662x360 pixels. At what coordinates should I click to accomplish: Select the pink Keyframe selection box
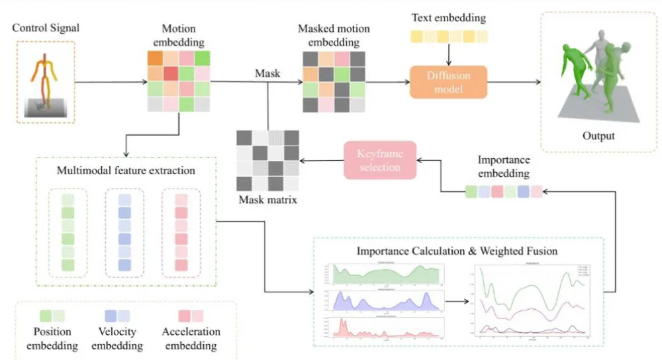379,160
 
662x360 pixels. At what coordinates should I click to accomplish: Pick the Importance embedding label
503,167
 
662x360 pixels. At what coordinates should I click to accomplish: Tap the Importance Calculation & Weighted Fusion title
457,251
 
